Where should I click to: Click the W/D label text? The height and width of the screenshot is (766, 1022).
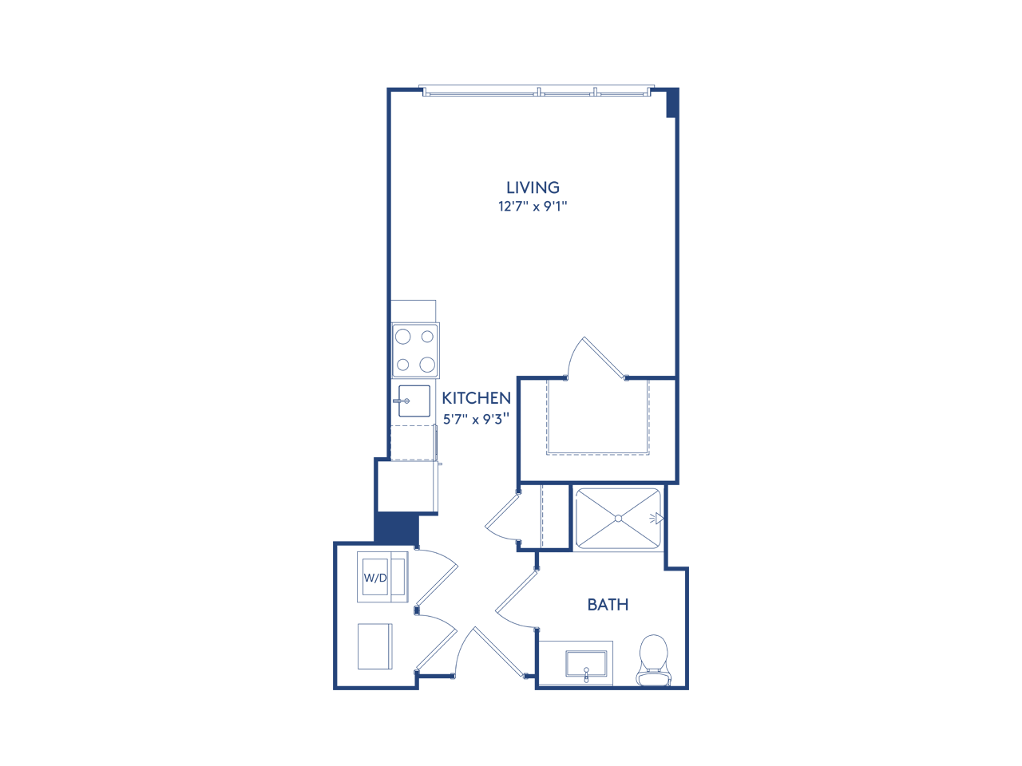click(x=375, y=578)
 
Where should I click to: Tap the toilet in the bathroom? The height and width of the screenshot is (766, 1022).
click(x=653, y=656)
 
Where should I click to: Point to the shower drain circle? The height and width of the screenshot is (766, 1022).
click(x=618, y=519)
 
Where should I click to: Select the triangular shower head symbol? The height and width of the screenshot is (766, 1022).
click(x=659, y=519)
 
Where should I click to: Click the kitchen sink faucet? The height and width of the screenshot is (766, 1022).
click(x=401, y=401)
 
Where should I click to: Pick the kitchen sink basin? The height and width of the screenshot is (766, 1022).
click(x=416, y=401)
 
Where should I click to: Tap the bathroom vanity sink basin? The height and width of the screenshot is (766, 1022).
click(x=586, y=662)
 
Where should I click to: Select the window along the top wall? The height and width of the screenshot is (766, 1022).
click(x=537, y=91)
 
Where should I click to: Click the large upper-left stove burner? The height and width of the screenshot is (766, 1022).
click(x=402, y=337)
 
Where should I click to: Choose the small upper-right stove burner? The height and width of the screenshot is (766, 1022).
click(x=427, y=337)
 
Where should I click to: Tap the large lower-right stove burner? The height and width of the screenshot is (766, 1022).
click(x=427, y=365)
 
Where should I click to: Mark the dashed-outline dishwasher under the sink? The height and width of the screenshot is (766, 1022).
click(x=413, y=443)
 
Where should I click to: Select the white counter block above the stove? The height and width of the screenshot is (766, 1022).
click(x=413, y=311)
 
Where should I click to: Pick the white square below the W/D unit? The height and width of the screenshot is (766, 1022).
click(x=374, y=646)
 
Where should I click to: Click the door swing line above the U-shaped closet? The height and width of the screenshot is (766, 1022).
click(x=603, y=357)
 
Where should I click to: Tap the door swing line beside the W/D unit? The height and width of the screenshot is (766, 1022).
click(x=437, y=585)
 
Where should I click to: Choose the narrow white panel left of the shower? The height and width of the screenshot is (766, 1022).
click(x=555, y=516)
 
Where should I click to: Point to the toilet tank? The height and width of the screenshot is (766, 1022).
click(x=653, y=679)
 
